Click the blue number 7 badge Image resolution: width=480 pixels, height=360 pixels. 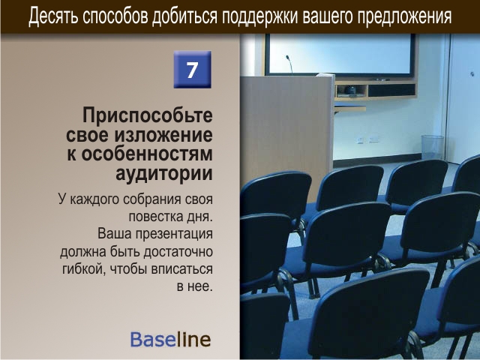click(x=192, y=70)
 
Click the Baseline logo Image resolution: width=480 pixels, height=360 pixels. click(x=170, y=339)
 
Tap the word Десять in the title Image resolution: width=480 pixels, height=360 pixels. click(x=52, y=16)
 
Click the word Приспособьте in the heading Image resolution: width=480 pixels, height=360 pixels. click(x=148, y=116)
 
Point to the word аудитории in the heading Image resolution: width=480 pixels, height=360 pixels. click(x=164, y=173)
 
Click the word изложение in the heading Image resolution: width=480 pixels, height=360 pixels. click(x=163, y=135)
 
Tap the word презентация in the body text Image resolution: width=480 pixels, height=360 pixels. click(x=174, y=234)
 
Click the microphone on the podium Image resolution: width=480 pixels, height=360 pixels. click(x=289, y=64)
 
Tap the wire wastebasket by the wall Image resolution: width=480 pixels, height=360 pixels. click(x=432, y=147)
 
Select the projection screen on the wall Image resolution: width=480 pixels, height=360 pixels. click(x=340, y=55)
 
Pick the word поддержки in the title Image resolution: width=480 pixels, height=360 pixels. click(x=260, y=16)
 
